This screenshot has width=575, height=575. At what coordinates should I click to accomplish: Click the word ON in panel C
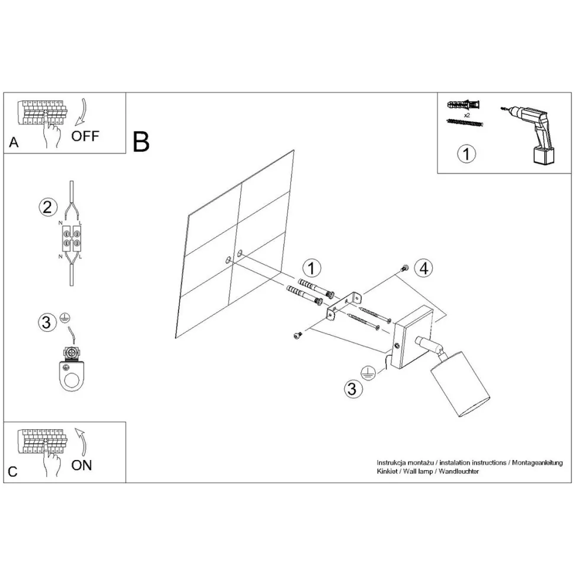click(x=82, y=465)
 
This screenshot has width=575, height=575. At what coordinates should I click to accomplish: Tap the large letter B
click(x=142, y=142)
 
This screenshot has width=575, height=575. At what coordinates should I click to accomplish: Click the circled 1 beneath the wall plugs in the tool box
click(x=467, y=154)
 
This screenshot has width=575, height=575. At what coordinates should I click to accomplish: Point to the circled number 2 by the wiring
click(x=48, y=207)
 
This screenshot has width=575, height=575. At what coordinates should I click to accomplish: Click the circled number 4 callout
click(x=423, y=269)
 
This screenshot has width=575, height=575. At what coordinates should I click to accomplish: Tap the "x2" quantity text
click(x=467, y=114)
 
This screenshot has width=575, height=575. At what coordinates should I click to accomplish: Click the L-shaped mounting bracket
click(x=345, y=306)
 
